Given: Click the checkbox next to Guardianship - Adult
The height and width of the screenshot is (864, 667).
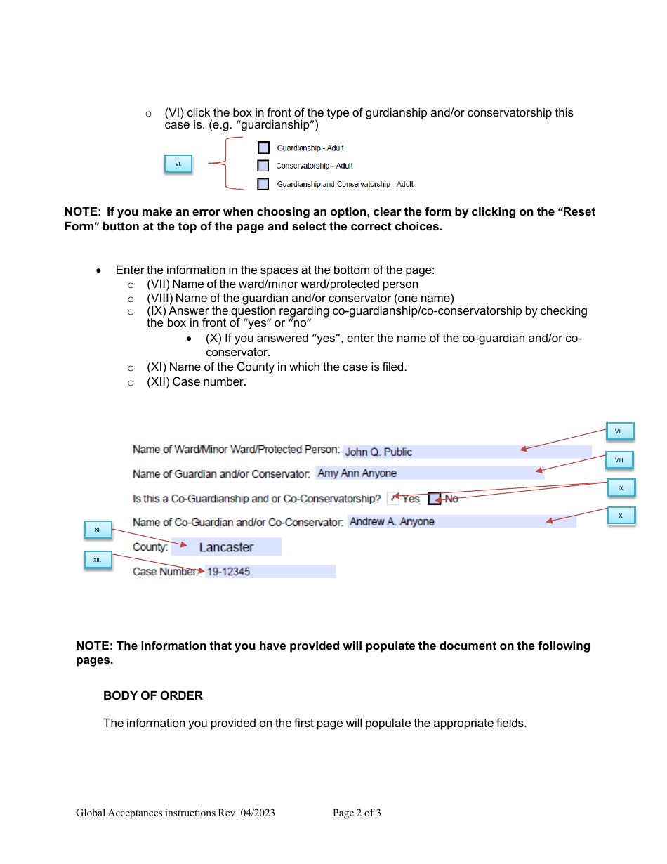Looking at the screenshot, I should (x=263, y=148).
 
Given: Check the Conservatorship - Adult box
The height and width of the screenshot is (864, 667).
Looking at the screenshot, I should (x=263, y=166).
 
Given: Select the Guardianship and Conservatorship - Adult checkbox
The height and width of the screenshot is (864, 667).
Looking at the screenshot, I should (x=263, y=184).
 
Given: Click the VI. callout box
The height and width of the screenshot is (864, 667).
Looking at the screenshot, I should (x=178, y=164).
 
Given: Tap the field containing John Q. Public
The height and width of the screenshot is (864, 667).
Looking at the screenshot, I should (x=467, y=452).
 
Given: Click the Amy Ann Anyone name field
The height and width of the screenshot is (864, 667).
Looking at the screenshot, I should (x=429, y=473).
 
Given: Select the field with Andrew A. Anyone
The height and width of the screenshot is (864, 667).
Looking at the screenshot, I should (x=461, y=521).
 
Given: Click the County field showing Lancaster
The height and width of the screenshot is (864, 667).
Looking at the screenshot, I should (x=226, y=547).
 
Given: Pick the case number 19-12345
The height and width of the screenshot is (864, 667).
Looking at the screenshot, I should (x=270, y=572).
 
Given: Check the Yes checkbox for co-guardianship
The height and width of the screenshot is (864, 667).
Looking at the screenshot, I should (x=393, y=498).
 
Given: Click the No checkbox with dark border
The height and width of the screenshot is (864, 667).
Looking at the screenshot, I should (x=435, y=498).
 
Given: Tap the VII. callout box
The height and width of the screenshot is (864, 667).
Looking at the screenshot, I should (x=619, y=431).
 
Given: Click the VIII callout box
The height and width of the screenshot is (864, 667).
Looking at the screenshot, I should (x=619, y=460).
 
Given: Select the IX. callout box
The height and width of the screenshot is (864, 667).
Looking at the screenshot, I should (x=621, y=487).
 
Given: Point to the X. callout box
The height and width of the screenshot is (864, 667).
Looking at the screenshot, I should (x=621, y=516).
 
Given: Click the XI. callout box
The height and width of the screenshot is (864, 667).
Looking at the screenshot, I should (x=98, y=530).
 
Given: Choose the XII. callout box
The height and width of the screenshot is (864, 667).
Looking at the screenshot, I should (x=98, y=560).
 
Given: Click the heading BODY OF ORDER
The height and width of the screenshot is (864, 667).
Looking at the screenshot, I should (x=153, y=695).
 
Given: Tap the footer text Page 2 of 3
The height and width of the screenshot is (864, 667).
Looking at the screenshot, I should (x=357, y=813).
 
